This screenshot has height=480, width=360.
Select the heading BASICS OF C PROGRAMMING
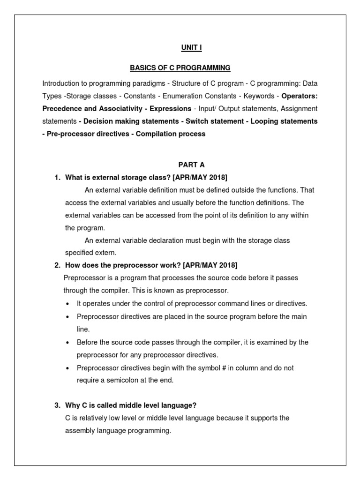point(180,68)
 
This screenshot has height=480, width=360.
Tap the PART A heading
point(191,165)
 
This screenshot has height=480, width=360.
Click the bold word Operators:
point(299,96)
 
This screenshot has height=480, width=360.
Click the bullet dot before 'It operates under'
point(68,304)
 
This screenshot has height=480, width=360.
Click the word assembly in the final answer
point(80,430)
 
